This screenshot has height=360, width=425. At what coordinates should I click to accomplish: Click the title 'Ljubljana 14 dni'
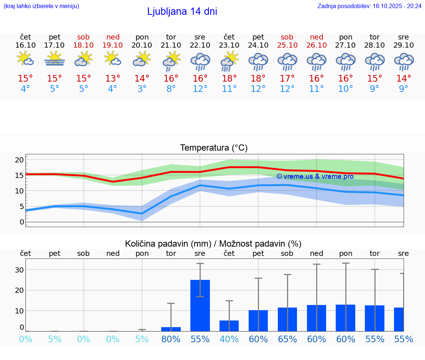pyautogui.click(x=182, y=11)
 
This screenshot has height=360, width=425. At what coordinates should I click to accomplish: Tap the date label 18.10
pyautogui.click(x=84, y=45)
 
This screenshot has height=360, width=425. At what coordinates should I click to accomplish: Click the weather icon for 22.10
pyautogui.click(x=200, y=62)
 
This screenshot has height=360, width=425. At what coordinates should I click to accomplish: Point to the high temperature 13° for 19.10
pyautogui.click(x=113, y=79)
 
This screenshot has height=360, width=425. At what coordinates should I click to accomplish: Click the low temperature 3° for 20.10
pyautogui.click(x=142, y=89)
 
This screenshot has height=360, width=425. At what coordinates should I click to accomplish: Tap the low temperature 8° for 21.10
pyautogui.click(x=171, y=89)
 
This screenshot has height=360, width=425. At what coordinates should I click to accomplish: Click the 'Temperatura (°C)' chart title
pyautogui.click(x=214, y=148)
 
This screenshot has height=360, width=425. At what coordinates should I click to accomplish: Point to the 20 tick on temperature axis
pyautogui.click(x=19, y=160)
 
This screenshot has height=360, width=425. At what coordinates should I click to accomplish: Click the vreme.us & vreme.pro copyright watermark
pyautogui.click(x=315, y=176)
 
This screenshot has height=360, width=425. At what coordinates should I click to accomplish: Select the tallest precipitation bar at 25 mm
pyautogui.click(x=200, y=305)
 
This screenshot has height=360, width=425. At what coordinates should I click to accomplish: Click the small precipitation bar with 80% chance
pyautogui.click(x=171, y=329)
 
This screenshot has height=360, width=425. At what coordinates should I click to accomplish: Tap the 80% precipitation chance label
pyautogui.click(x=171, y=339)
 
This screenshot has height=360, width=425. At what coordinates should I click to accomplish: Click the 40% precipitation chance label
pyautogui.click(x=229, y=339)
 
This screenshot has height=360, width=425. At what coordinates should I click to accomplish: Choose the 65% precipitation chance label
pyautogui.click(x=287, y=339)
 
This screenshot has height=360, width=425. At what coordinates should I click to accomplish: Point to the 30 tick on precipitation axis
pyautogui.click(x=19, y=270)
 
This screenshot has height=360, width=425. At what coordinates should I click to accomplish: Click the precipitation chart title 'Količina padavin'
pyautogui.click(x=213, y=244)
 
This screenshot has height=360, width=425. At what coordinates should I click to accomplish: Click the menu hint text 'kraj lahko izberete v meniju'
pyautogui.click(x=41, y=6)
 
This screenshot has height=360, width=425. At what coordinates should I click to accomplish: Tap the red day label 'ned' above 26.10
pyautogui.click(x=317, y=37)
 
